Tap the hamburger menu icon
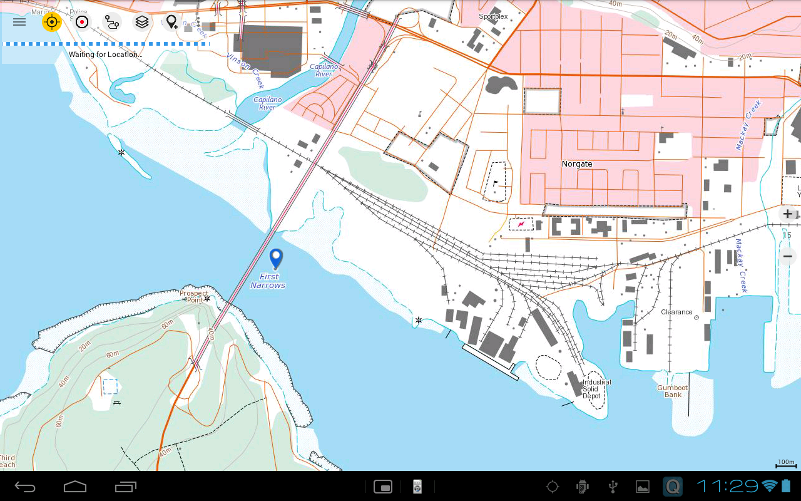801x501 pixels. click(19, 22)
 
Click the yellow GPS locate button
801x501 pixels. click(52, 22)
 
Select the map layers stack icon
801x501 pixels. click(142, 22)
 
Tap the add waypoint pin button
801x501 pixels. click(171, 23)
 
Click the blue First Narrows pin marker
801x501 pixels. click(276, 258)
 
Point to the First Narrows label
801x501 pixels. click(268, 281)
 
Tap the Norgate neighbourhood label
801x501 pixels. click(576, 164)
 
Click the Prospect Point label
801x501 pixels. click(194, 296)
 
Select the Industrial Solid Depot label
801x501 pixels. click(596, 389)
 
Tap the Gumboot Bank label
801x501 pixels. click(673, 391)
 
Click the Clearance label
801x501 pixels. click(676, 312)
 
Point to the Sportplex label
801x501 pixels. click(493, 17)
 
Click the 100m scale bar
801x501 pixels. click(786, 464)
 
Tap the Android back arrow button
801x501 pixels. click(26, 487)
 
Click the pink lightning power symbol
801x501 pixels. click(521, 224)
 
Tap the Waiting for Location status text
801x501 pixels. click(105, 54)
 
